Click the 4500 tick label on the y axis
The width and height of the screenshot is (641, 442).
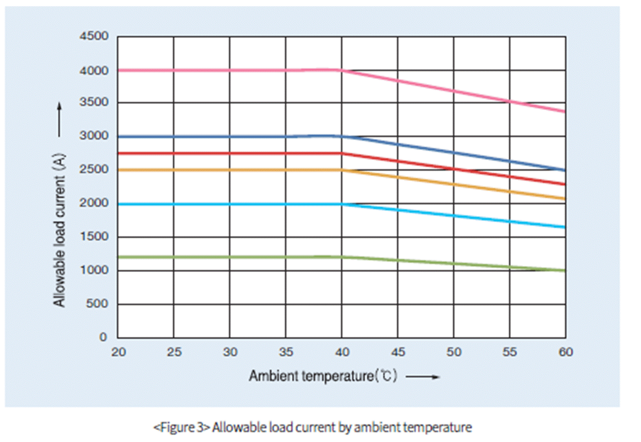click(94, 36)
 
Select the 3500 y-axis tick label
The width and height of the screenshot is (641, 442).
click(94, 102)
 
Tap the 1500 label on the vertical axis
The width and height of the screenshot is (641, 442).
click(94, 236)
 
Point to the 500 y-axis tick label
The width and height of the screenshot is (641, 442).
click(97, 304)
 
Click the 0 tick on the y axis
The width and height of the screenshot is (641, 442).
click(103, 337)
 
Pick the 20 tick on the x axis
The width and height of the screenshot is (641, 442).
click(118, 352)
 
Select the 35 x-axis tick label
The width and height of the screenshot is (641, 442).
click(286, 352)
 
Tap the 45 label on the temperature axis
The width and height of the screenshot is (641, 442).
click(398, 352)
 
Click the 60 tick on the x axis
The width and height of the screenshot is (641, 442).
click(566, 352)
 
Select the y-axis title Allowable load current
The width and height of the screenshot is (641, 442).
click(60, 230)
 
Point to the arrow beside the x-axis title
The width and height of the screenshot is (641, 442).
click(422, 377)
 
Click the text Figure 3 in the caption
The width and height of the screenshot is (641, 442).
click(181, 427)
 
